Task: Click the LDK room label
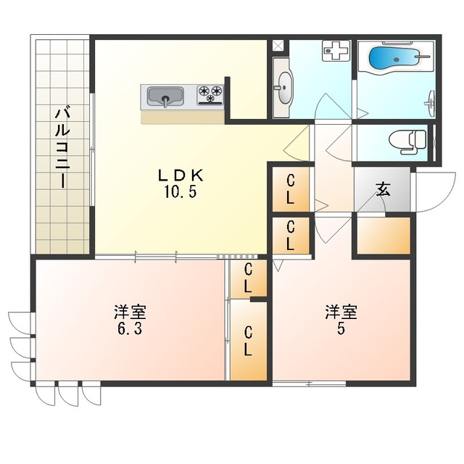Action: [181, 175]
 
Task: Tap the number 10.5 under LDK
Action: [181, 193]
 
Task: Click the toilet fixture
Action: [407, 142]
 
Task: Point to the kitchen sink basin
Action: [165, 96]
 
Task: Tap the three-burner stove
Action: [210, 95]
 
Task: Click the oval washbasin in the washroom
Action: [285, 87]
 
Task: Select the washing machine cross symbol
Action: [336, 51]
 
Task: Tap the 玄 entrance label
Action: [384, 190]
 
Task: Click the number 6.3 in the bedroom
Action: [130, 328]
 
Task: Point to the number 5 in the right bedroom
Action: [341, 328]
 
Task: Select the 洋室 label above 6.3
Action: [130, 312]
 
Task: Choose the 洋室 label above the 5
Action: [341, 312]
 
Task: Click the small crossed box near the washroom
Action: [278, 46]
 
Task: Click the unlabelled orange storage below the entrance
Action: [384, 236]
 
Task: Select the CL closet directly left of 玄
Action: [291, 189]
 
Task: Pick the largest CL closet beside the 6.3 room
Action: [249, 340]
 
